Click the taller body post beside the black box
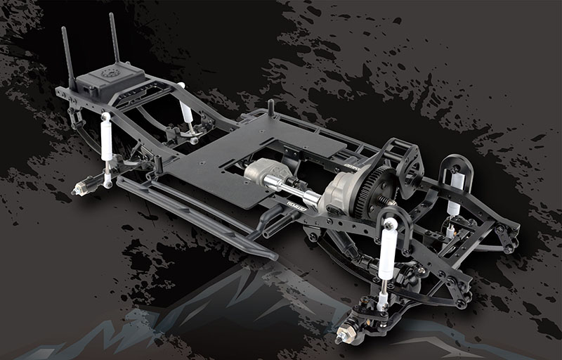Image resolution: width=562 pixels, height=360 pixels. pos(115,39)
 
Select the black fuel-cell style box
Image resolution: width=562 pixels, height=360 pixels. pos(109,83)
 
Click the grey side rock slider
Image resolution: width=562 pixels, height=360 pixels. pos(190,214)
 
